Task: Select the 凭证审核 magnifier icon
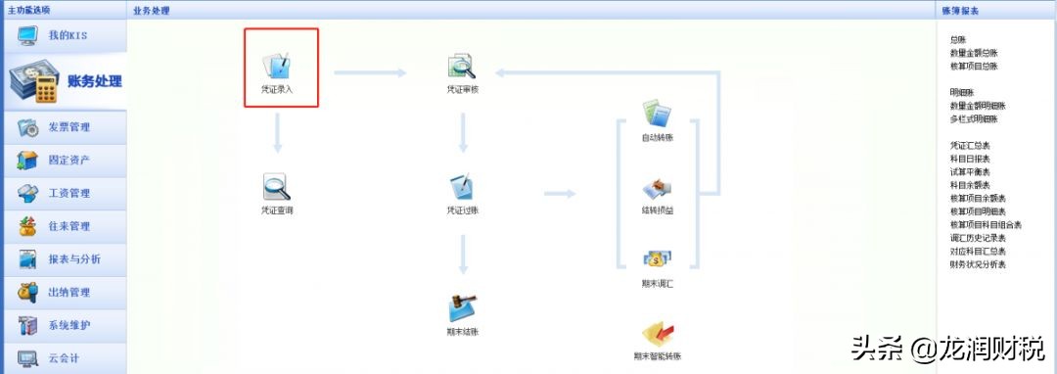[461, 67]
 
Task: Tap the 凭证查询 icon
[277, 186]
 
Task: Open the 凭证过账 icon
[462, 186]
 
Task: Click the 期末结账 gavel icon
[462, 307]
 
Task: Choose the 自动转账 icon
[657, 113]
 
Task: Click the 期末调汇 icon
[657, 259]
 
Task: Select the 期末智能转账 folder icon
[657, 333]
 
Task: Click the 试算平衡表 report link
[970, 171]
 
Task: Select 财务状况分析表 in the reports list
[978, 264]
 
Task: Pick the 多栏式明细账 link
[974, 118]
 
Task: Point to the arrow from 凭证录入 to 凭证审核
[369, 71]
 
